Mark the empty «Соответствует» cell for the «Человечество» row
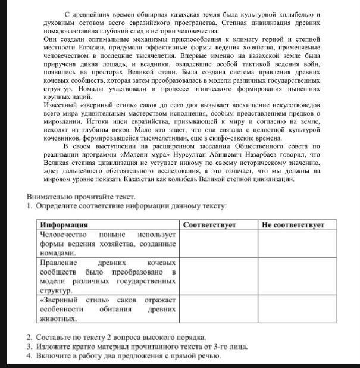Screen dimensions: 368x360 coord(218,244)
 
